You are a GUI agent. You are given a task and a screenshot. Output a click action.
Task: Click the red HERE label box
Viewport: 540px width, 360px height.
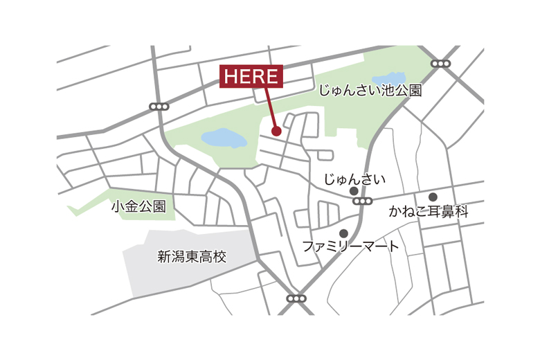pos(252,76)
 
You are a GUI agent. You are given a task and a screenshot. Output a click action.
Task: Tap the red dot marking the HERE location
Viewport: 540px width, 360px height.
pos(276,130)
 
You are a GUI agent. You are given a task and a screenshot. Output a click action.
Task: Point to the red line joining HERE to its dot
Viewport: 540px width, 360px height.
pos(270,108)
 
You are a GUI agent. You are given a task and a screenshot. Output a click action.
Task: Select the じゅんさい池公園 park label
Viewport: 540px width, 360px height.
pos(369,91)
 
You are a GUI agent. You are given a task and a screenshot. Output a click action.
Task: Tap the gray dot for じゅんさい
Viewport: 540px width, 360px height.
pos(354,191)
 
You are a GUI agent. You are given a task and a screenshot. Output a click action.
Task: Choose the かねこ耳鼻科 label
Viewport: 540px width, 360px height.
pos(429,212)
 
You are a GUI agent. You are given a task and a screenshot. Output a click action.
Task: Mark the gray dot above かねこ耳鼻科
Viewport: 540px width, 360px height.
pos(433,197)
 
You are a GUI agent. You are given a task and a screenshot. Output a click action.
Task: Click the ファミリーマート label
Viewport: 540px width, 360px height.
pos(350,246)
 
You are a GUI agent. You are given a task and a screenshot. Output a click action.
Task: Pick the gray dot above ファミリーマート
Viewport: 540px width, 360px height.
pos(343,233)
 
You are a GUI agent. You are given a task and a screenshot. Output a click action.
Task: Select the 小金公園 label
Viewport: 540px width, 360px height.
pos(138,206)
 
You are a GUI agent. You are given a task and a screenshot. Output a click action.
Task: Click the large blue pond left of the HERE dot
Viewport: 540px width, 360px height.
pos(224,138)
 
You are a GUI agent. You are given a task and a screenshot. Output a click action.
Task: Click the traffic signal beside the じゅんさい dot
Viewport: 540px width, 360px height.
pos(362,201)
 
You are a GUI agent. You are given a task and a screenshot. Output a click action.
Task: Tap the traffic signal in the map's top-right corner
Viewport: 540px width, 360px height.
pos(440,64)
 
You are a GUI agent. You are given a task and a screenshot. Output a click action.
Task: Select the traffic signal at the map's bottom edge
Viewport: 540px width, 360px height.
pos(296,298)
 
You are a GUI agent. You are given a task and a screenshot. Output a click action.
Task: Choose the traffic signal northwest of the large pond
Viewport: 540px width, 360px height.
pos(159,107)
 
